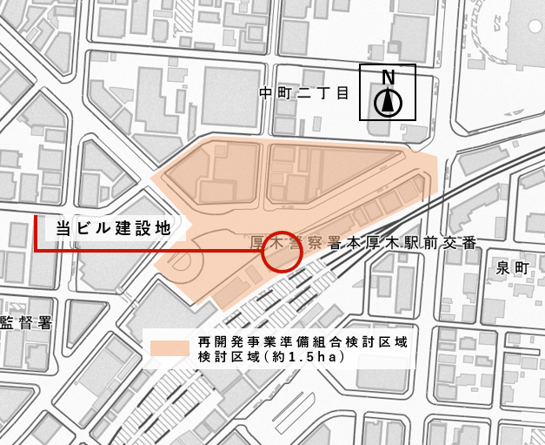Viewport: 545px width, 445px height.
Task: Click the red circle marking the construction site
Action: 281,251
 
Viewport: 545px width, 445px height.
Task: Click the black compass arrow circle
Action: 389,103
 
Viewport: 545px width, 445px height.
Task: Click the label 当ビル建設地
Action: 110,228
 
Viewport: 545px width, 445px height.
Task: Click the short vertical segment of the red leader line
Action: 36,233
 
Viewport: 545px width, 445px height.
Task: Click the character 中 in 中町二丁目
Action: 267,91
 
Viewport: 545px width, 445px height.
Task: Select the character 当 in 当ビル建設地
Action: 63,228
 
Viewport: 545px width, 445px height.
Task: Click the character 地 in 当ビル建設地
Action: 157,228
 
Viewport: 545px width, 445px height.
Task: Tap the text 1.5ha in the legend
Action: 317,357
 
